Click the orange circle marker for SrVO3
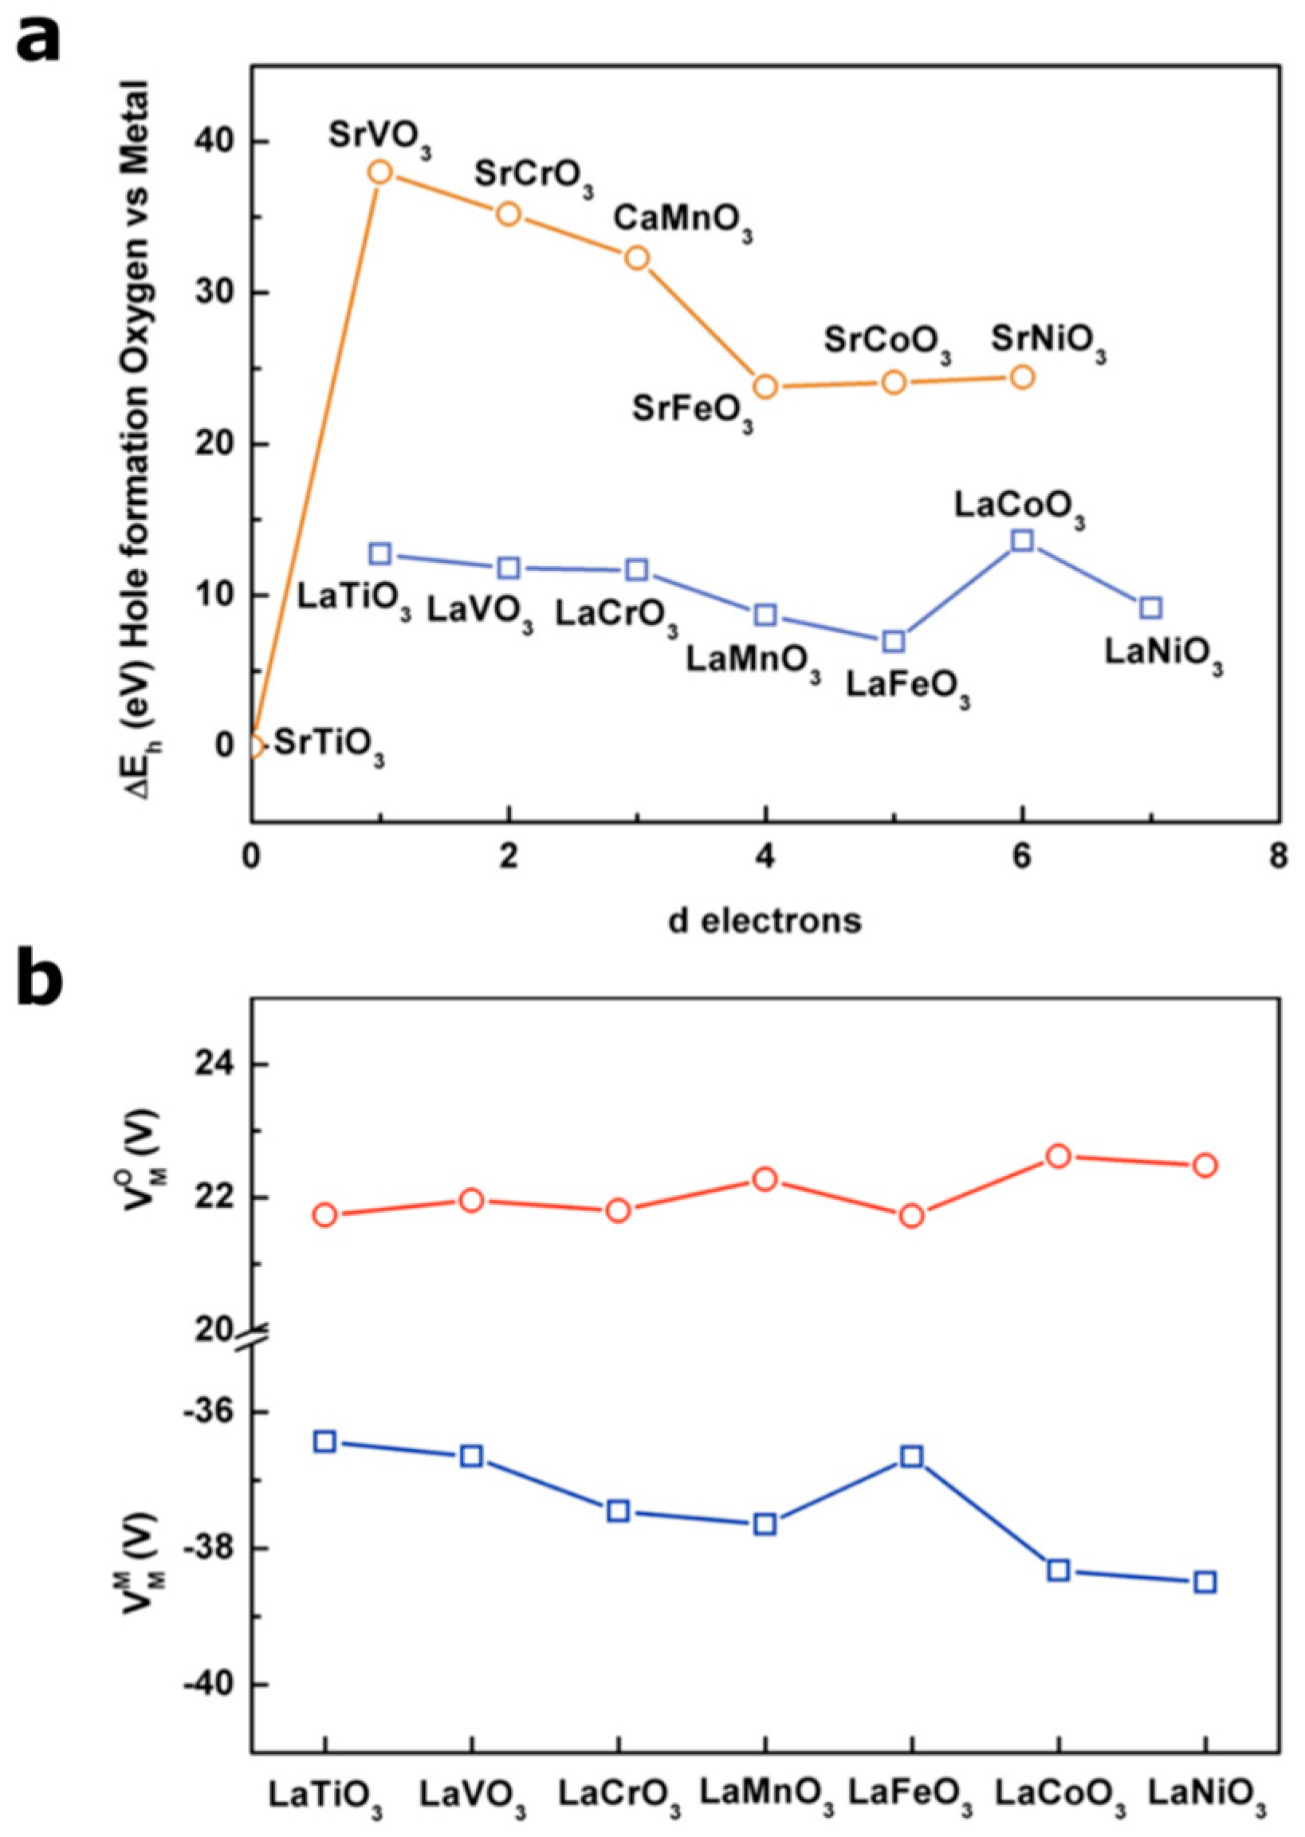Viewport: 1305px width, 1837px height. point(381,172)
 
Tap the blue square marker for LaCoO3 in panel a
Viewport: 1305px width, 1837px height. point(1022,539)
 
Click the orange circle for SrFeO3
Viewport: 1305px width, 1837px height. point(766,387)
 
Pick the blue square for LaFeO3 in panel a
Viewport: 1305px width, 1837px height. point(894,640)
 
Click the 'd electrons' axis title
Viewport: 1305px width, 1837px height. point(765,920)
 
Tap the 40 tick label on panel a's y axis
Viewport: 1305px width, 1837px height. point(211,141)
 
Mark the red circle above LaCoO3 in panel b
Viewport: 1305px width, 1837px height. point(1059,1156)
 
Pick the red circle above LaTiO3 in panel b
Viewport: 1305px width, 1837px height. point(324,1215)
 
